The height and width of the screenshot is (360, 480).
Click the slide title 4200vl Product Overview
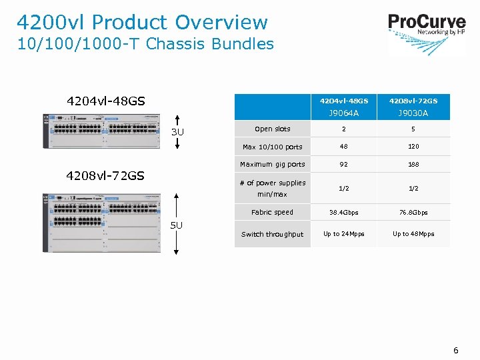pos(142,23)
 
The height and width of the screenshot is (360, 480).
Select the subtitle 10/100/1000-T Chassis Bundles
pos(145,45)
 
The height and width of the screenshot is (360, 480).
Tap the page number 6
pos(456,350)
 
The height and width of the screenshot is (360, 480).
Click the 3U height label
pos(177,132)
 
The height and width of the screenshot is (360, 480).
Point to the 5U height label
pos(176,225)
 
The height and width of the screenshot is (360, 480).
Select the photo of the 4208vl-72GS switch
pos(102,222)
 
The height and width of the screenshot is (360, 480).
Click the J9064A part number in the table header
pos(344,113)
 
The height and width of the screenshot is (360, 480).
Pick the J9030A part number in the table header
pos(413,113)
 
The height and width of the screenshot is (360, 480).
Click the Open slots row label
pos(272,129)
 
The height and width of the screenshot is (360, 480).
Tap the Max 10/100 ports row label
pos(272,147)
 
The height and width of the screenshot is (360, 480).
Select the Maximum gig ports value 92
pos(344,164)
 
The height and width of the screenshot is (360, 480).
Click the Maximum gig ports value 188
pos(413,164)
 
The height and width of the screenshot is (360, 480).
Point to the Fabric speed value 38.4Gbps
pos(344,213)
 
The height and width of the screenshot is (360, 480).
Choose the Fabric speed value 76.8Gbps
pos(413,213)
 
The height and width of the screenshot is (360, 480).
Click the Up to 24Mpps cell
pos(344,234)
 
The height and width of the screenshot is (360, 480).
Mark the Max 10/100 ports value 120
pos(413,147)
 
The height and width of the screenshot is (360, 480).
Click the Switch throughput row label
pos(272,235)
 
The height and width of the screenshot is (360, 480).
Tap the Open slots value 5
pos(413,129)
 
